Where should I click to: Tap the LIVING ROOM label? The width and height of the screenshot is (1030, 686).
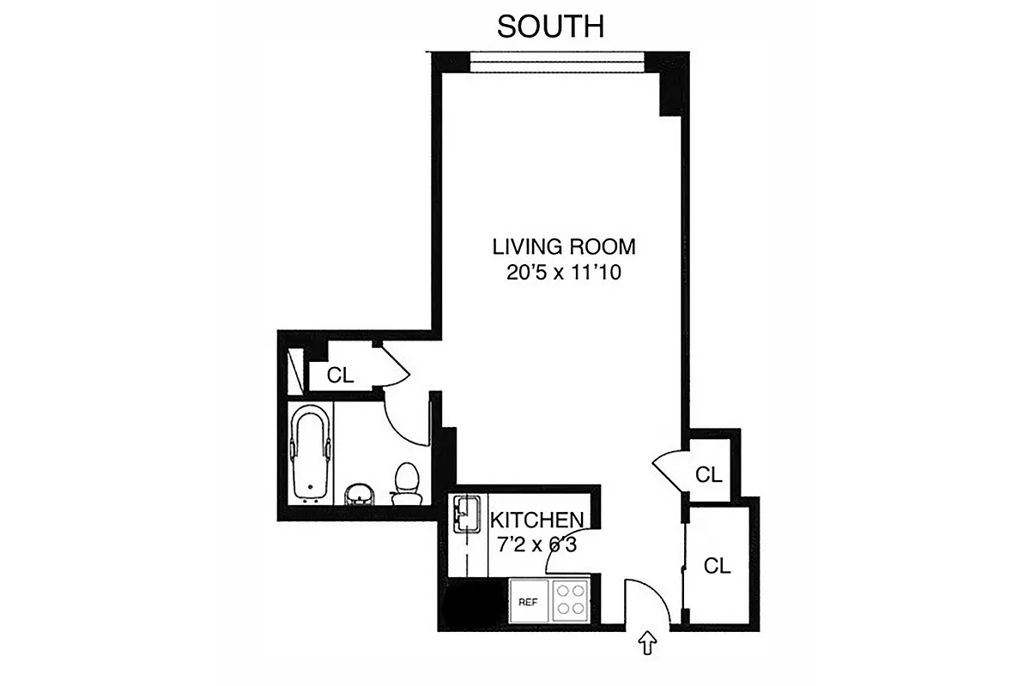click(x=564, y=248)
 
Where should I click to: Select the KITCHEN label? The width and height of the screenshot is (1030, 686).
click(x=537, y=520)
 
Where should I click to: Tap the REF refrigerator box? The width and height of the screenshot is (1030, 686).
click(x=527, y=602)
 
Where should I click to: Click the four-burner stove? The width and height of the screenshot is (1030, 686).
click(x=569, y=600)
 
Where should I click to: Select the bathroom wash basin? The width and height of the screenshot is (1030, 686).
click(x=361, y=494)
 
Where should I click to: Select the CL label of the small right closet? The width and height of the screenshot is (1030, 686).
click(x=709, y=474)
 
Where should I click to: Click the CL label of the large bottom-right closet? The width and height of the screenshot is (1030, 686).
click(x=718, y=566)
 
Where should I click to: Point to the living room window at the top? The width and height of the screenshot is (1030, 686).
click(x=557, y=60)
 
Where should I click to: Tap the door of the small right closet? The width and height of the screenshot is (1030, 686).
click(x=669, y=471)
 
